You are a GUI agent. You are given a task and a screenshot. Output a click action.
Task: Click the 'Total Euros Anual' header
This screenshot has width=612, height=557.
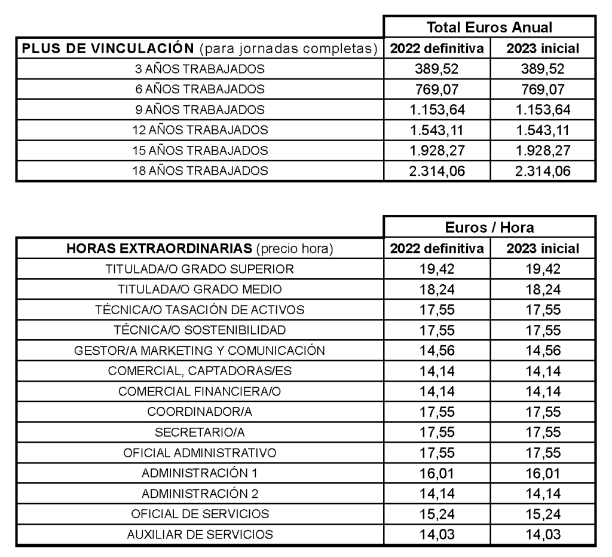[489, 27]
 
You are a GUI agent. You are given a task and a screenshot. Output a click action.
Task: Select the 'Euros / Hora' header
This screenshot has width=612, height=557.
[489, 227]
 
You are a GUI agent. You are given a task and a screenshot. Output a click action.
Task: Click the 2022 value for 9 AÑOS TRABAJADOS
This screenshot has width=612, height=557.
[436, 109]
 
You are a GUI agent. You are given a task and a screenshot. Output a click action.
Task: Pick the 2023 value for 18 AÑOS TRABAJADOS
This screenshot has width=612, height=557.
[542, 171]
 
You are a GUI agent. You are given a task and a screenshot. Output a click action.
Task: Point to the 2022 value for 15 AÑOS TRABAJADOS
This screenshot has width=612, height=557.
[436, 150]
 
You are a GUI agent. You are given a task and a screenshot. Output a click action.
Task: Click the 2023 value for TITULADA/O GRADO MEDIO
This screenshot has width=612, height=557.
[542, 290]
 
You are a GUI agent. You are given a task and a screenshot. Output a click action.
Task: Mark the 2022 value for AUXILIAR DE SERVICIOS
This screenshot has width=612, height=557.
[436, 534]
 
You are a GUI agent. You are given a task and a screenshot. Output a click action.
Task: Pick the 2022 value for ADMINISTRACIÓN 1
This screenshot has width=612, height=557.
[436, 473]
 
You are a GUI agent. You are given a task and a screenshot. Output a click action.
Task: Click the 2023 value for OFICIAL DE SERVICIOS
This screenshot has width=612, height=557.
[542, 514]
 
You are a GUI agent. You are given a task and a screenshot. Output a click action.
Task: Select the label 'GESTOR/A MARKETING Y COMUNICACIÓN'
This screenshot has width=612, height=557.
[200, 351]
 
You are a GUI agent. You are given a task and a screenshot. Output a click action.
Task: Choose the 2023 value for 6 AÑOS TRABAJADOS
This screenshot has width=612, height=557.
[542, 89]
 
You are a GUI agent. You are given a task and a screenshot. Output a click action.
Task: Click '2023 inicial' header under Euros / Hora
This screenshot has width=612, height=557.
[542, 248]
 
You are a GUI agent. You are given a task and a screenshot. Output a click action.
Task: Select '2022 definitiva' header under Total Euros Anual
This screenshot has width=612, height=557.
[436, 48]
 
